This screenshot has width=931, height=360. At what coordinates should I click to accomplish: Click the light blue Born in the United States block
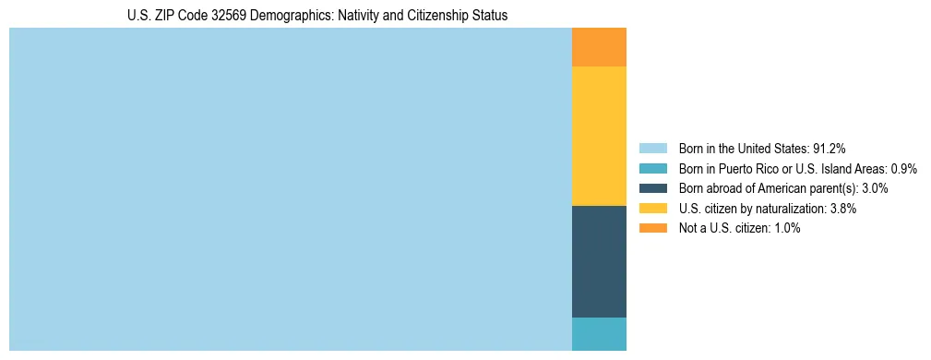tap(291, 189)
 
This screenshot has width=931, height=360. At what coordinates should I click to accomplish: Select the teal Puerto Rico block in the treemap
tap(599, 334)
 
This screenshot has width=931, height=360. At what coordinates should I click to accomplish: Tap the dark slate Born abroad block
tap(599, 261)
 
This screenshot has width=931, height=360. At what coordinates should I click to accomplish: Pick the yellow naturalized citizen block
tap(599, 136)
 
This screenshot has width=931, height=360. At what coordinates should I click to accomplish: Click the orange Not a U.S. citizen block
tap(599, 47)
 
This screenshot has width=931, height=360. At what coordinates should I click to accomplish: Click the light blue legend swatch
tap(653, 149)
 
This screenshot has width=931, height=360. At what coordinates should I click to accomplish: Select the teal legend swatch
tap(653, 169)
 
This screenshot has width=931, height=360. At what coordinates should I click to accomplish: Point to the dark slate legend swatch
tap(653, 188)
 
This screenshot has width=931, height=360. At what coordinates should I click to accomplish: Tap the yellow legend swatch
tap(653, 209)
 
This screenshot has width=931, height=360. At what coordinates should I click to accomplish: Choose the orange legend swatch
tap(653, 228)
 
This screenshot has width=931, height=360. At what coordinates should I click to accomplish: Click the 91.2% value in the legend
tap(829, 149)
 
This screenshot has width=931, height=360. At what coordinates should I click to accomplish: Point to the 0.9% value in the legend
tap(903, 169)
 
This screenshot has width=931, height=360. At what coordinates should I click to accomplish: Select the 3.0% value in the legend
tap(873, 188)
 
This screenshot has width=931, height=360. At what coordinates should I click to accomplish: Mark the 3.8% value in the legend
tap(843, 209)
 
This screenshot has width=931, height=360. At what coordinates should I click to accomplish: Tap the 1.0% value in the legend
tap(787, 228)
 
